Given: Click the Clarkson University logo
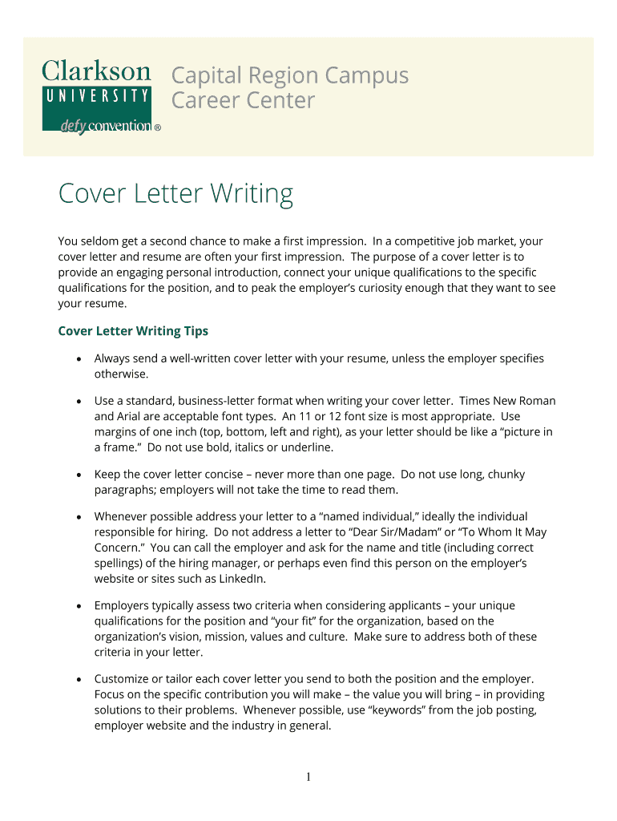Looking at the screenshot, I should pos(96,95).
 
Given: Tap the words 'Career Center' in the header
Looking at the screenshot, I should pos(243,101).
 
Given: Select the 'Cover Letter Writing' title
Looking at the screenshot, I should pos(175,194).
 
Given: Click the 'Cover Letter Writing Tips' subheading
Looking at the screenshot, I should pos(133,331).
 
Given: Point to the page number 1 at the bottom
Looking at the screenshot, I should pos(308,777).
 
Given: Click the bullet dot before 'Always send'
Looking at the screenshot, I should pos(79,358).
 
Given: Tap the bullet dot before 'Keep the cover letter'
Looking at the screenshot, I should pos(79,475).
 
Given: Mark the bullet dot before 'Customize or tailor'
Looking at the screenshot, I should pos(79,679).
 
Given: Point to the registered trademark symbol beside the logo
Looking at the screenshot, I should pos(157,127).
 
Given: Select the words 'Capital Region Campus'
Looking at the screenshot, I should pos(290,76).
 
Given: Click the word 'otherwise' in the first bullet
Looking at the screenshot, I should pos(120,374).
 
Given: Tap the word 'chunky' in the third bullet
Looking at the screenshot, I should pos(505,474).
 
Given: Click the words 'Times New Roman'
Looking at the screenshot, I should pos(512,400).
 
